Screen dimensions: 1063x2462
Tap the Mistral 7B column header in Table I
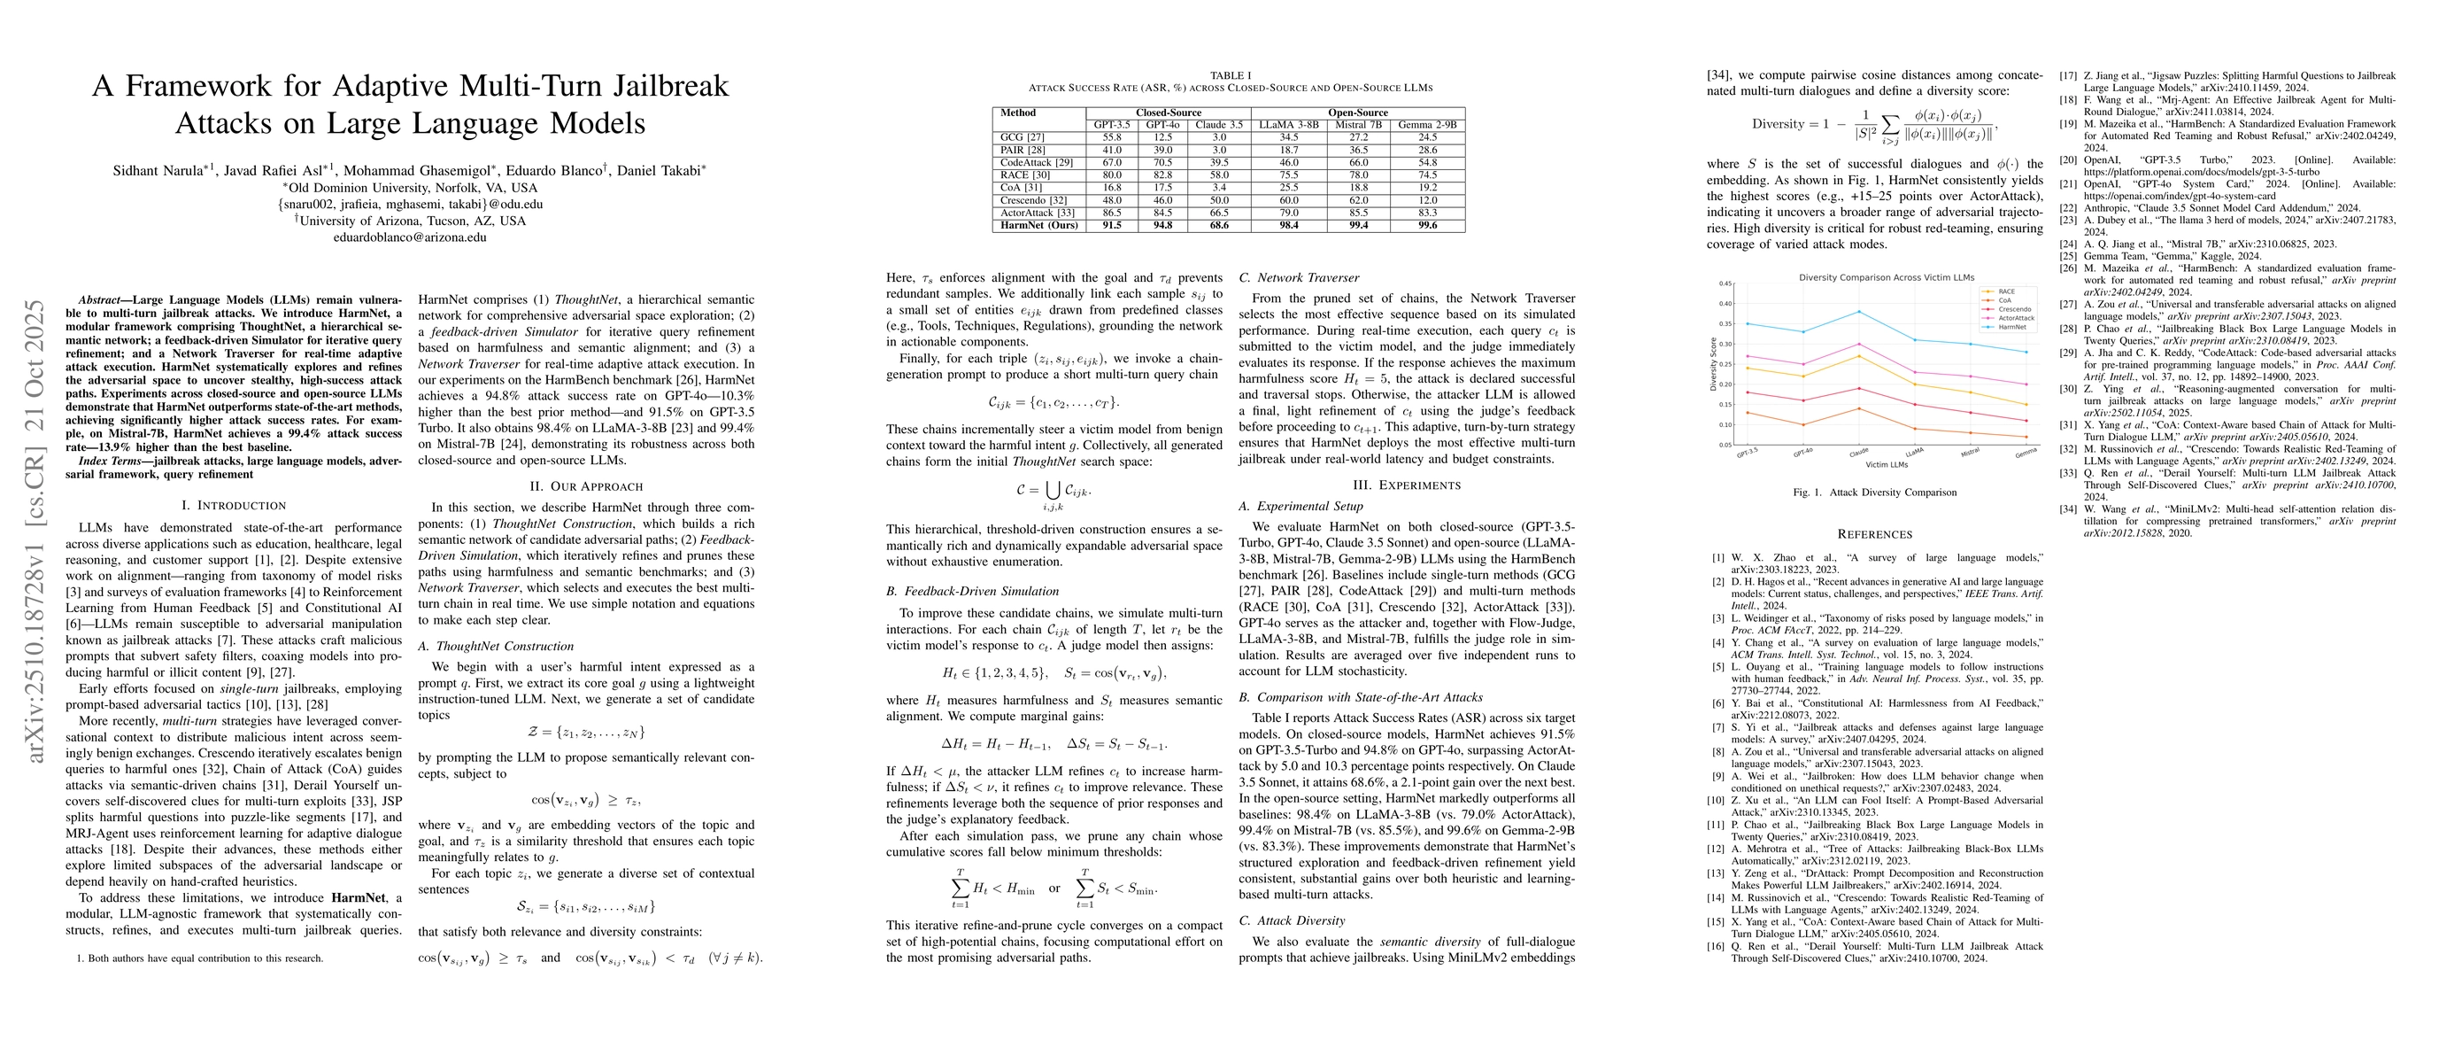coord(1358,125)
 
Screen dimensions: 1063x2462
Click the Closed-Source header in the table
coord(1168,113)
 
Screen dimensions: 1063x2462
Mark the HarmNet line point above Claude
coord(1858,312)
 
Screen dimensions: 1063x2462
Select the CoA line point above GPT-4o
coord(1802,425)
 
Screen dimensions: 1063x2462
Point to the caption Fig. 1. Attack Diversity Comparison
coord(1873,493)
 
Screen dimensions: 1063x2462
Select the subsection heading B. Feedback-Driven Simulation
coord(972,591)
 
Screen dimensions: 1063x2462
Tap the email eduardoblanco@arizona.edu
coord(410,237)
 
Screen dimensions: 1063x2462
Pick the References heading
coord(1874,534)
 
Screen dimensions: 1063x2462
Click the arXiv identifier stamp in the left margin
coord(35,531)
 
